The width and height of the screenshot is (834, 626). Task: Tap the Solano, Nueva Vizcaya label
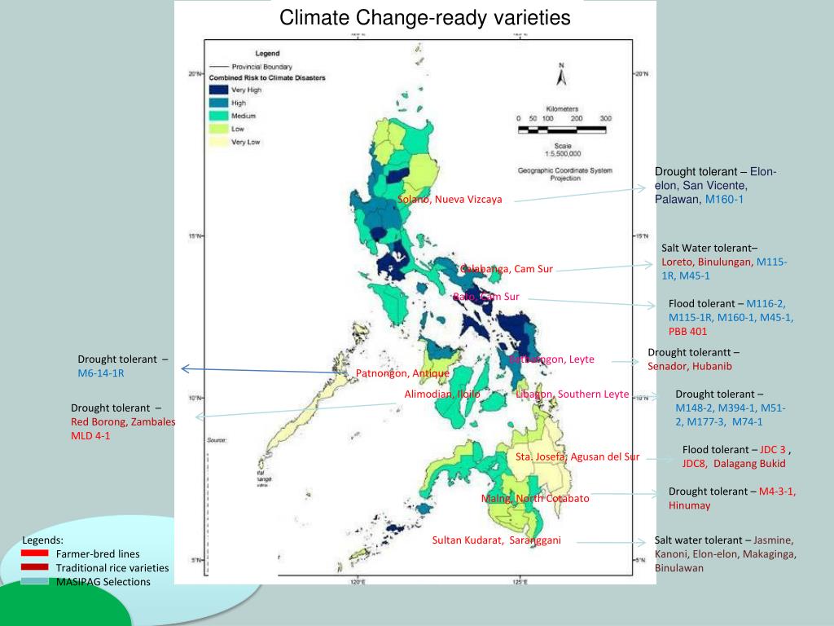click(450, 199)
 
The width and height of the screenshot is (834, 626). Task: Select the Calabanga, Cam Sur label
click(506, 269)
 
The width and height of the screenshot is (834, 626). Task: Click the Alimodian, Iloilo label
click(442, 394)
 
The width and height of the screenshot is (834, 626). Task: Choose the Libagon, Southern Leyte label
click(572, 394)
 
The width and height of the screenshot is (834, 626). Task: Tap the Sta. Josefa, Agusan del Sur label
click(577, 456)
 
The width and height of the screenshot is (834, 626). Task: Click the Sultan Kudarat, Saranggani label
click(496, 540)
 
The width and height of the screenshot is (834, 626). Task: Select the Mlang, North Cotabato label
click(535, 498)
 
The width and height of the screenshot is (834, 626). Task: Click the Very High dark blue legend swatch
click(218, 90)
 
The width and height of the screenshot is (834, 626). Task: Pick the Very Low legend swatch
click(218, 142)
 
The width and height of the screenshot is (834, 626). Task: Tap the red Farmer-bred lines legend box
click(35, 553)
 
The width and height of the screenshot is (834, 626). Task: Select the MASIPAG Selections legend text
click(103, 581)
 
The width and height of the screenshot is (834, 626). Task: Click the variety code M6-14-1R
click(101, 373)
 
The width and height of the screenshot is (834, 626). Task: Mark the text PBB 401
click(687, 331)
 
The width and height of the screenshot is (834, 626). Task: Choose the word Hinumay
click(689, 505)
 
